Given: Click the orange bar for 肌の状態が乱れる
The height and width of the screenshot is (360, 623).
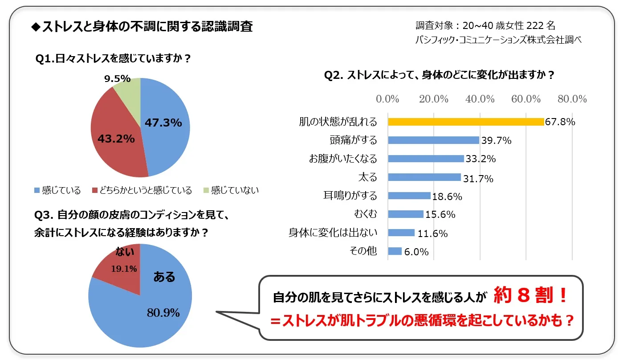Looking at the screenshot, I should coord(466,122).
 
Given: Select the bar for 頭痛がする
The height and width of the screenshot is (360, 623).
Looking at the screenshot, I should coord(433,140).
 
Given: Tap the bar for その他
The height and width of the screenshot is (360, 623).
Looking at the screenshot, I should coord(395,251).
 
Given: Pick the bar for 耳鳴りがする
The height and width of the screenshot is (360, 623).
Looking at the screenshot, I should coord(409,196).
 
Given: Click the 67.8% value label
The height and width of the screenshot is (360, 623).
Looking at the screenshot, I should coord(560,122).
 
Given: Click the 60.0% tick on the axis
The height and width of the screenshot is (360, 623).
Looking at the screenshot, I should coord(526,99).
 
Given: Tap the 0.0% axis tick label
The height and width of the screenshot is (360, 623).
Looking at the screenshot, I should coord(388,99).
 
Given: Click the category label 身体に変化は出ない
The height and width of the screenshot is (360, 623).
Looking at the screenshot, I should coord(333,233).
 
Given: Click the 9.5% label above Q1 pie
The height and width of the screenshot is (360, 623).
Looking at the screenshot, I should coord(117,79).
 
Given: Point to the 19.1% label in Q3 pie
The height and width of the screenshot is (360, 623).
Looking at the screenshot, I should coord(124,268).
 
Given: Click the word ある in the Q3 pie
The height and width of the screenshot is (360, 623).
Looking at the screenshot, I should coord(164,277).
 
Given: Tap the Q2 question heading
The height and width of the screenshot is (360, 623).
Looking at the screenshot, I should coord(439,75).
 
